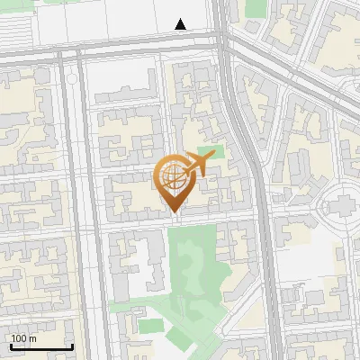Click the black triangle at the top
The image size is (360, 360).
click(181, 24)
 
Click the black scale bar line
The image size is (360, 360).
click(41, 347)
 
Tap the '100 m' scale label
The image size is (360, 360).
click(23, 338)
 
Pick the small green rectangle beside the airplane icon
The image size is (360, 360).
click(210, 153)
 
